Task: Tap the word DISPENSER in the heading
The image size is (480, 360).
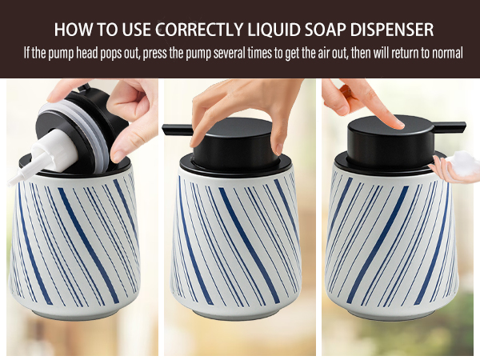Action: click(392, 30)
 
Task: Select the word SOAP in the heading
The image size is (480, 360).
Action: click(325, 30)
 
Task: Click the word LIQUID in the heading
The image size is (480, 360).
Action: click(274, 30)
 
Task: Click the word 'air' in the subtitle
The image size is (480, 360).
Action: click(322, 53)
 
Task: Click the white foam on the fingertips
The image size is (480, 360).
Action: click(463, 163)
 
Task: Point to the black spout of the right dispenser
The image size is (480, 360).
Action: click(450, 126)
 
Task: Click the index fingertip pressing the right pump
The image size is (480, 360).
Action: click(397, 123)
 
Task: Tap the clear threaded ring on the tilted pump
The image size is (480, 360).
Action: click(79, 133)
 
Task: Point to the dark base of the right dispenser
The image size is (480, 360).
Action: click(391, 315)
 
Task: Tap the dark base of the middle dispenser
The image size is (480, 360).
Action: click(236, 315)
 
